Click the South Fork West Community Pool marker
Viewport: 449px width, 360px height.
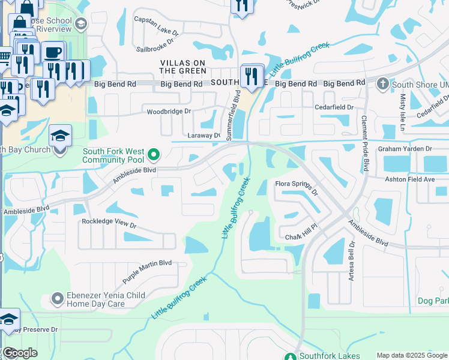154,156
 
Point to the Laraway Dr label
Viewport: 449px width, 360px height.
205,136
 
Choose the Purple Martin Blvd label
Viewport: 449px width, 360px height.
147,272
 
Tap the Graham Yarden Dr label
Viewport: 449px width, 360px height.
405,149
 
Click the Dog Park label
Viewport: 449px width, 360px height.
433,299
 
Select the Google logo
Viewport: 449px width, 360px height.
19,353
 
